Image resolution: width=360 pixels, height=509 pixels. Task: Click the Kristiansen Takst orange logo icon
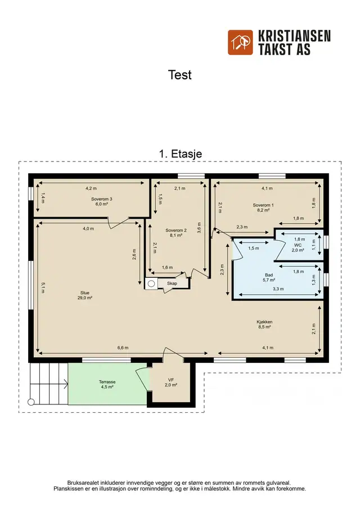240,43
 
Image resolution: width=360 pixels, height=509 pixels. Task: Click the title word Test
180,75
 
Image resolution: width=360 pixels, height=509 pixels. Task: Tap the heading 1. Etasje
181,154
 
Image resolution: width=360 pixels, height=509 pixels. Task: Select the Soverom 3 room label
102,201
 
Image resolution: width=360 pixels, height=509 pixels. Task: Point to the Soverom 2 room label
176,233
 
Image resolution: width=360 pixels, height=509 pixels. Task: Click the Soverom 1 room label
263,208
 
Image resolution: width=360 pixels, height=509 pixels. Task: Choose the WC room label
298,247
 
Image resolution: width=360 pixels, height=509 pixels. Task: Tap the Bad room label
269,277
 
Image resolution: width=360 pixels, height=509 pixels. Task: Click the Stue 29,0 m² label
85,295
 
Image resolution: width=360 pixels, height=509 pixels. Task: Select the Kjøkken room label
264,325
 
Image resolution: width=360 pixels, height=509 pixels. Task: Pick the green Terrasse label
107,384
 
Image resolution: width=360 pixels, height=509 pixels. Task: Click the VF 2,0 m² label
171,382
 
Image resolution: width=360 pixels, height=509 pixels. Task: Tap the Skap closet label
172,283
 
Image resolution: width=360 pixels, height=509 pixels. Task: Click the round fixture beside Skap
151,283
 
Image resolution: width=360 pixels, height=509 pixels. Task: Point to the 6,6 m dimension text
123,348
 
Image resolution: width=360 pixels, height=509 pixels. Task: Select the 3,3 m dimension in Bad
278,289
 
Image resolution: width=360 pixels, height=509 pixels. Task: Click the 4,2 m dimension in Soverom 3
91,188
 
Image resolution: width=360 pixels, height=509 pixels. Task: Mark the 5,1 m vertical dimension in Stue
43,287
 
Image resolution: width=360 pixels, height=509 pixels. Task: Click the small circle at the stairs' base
31,402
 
